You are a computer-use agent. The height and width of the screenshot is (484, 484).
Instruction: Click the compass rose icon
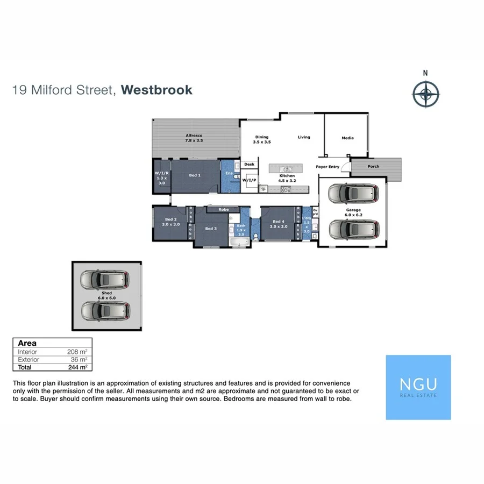coord(425,94)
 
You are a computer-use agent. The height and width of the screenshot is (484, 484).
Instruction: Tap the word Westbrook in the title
coord(156,90)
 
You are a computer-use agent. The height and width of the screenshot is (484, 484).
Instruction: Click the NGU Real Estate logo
coord(418,387)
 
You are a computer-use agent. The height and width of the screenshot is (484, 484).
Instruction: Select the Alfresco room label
coord(194,138)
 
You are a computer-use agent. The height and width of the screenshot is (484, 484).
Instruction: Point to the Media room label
coord(348,138)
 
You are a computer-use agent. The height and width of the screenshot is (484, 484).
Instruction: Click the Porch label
coord(373,166)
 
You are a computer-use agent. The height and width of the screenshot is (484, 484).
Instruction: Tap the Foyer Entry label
coord(328,167)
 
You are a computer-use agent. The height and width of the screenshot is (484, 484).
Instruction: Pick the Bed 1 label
coord(195,175)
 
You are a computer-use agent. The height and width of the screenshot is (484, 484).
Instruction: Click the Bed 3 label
coord(211,229)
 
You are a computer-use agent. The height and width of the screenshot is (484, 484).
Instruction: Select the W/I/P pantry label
coord(248,180)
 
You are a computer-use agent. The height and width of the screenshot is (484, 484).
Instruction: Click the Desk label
coord(249,165)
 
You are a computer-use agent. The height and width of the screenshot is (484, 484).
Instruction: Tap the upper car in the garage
coord(353,194)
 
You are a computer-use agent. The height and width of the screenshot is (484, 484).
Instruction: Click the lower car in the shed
coord(105,310)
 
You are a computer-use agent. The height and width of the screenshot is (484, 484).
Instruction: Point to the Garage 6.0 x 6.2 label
coord(353,212)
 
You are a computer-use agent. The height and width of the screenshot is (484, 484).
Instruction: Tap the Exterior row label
coord(29,359)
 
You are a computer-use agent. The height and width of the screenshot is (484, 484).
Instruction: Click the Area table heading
coord(27,343)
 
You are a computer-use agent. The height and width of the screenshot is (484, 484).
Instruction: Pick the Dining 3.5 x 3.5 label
coord(261,140)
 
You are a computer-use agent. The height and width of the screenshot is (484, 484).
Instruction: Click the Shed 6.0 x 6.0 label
coord(106,295)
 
